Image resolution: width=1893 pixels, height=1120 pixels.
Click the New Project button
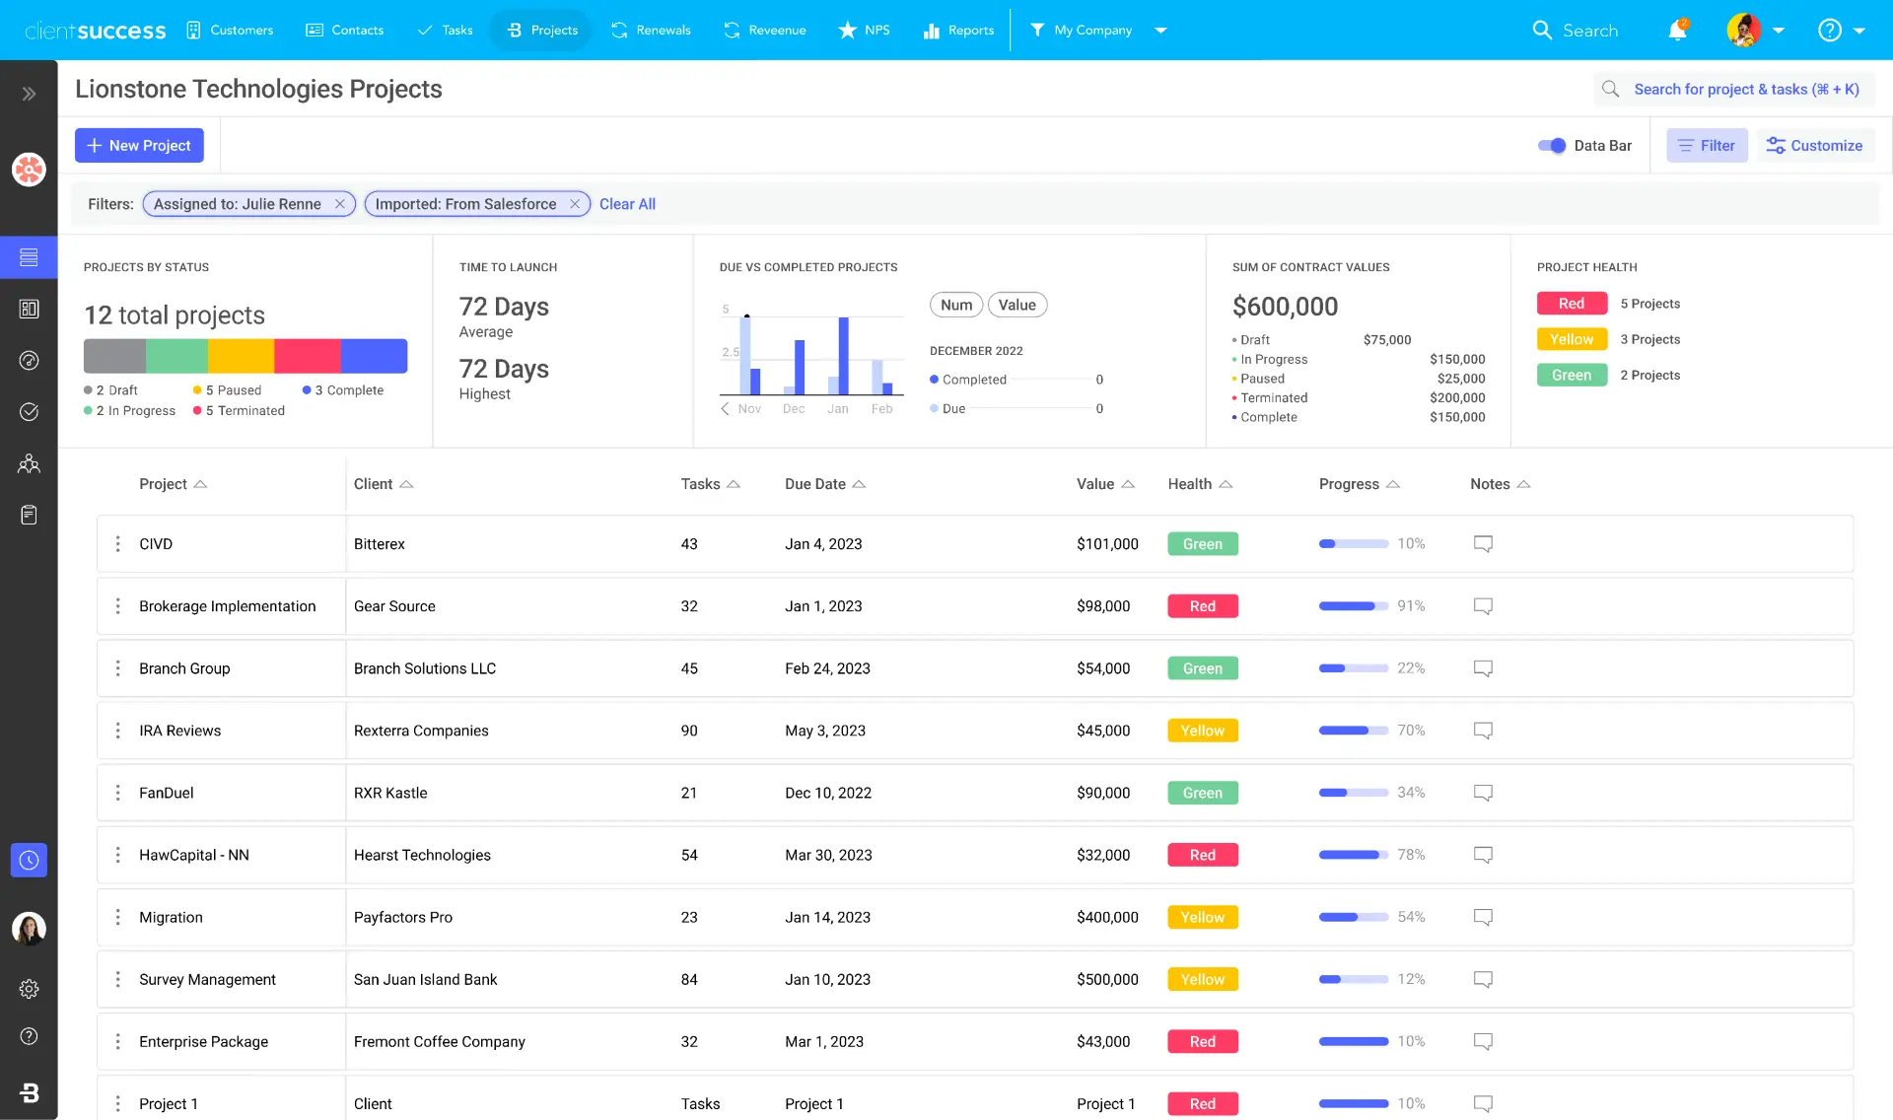(139, 145)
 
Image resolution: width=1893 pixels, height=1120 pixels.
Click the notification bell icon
(1677, 31)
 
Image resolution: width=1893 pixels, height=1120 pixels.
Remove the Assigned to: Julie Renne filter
(339, 204)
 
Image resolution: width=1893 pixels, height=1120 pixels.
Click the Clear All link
(627, 204)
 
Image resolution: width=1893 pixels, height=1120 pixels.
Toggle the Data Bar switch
(1552, 145)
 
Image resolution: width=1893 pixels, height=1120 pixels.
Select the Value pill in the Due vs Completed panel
(1017, 305)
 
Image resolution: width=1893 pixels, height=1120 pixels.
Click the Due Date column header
(815, 484)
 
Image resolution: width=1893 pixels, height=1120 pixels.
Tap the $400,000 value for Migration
(1107, 917)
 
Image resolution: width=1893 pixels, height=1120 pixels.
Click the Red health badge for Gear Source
(1202, 606)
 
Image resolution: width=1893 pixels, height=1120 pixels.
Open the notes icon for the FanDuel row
(1483, 793)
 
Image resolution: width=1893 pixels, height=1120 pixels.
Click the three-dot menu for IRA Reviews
(118, 731)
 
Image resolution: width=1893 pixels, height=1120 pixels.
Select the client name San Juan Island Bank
(425, 979)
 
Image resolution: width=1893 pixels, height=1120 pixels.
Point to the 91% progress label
(1411, 606)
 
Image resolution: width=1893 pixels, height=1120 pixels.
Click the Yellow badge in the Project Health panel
(1572, 339)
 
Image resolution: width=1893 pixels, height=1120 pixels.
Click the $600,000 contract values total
(1285, 307)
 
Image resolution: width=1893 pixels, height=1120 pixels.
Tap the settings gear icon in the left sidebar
(29, 989)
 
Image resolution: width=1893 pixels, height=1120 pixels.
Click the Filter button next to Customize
(1707, 145)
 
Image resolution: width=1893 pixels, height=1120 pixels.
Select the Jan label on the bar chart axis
(838, 409)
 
